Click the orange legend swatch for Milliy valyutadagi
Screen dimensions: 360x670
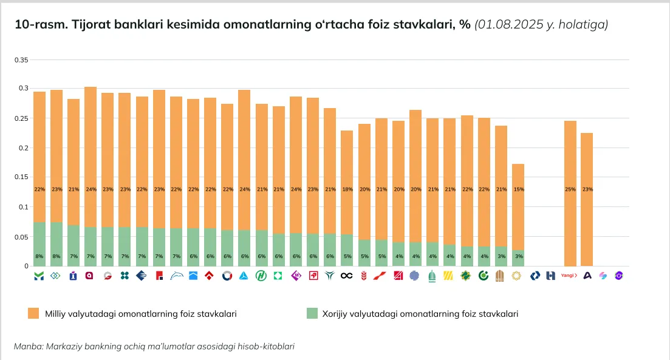33,313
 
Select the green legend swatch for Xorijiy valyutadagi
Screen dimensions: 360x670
312,313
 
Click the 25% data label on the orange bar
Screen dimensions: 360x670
570,189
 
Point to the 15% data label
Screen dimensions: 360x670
518,189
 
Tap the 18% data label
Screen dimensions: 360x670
347,189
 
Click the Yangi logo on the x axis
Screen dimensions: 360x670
569,276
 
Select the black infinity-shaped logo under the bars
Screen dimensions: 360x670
347,276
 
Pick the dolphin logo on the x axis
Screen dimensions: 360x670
176,276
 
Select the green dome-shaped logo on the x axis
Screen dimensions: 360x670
432,276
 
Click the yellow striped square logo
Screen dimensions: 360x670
449,276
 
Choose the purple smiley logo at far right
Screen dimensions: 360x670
620,276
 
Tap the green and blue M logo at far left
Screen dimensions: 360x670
39,276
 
